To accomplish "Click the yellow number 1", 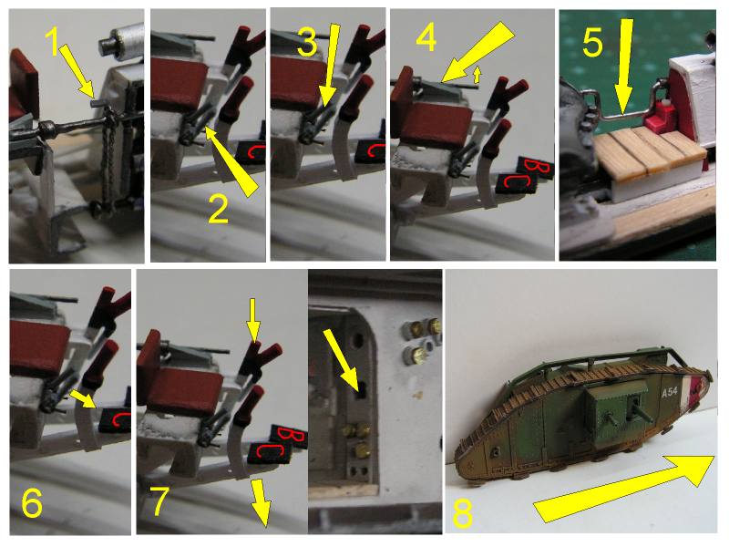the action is [54, 40].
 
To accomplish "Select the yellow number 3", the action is [307, 42].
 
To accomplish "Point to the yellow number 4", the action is [426, 37].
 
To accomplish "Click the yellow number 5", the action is [592, 42].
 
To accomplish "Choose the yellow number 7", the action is [159, 502].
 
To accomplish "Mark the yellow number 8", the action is [463, 513].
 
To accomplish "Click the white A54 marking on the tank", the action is [669, 393].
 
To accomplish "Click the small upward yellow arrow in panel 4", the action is [475, 75].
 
